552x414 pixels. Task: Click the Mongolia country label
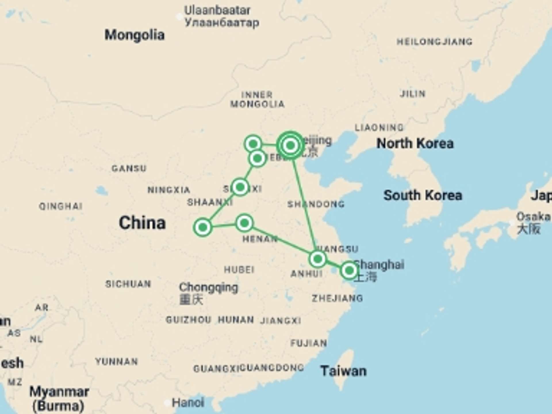(x=134, y=35)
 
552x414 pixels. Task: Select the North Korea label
(x=415, y=143)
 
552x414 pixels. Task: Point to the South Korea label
(x=423, y=195)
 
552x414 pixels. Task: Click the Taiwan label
(x=343, y=371)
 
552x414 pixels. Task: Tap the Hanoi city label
(x=188, y=402)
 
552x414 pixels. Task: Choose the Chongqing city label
(x=208, y=287)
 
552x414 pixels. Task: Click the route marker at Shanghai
(x=349, y=270)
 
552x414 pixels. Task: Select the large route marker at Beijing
(x=290, y=145)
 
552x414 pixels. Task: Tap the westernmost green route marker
(x=203, y=227)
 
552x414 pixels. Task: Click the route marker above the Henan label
(x=244, y=223)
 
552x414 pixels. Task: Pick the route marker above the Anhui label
(x=317, y=259)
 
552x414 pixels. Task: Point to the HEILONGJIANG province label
(x=434, y=42)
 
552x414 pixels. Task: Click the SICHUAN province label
(x=128, y=284)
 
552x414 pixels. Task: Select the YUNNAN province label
(x=116, y=361)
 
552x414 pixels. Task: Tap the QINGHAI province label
(x=61, y=206)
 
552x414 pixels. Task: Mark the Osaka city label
(x=533, y=216)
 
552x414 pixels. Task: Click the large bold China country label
(x=142, y=223)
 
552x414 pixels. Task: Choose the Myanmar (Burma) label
(x=59, y=398)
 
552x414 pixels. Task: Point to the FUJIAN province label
(x=308, y=343)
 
